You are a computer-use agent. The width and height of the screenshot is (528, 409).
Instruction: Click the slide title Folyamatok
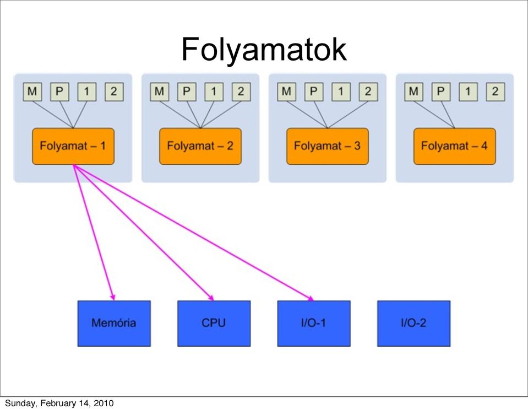264,49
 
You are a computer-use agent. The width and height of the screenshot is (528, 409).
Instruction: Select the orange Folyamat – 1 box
73,146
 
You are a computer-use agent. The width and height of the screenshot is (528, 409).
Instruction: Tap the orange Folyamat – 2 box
200,146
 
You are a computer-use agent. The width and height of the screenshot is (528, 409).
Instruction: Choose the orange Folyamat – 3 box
327,146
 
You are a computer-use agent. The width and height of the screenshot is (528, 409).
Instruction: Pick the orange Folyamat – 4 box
455,146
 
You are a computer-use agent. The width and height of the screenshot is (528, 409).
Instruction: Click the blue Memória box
114,324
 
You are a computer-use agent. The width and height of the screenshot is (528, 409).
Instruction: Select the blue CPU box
214,324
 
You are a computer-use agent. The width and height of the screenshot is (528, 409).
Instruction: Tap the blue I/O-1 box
314,324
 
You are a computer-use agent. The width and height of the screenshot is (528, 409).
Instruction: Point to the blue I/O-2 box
413,324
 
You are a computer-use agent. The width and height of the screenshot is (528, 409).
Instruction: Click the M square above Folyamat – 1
32,92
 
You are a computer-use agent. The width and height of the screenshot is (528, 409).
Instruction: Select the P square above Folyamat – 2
187,92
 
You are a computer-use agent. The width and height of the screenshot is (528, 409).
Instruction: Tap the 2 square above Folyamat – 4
496,92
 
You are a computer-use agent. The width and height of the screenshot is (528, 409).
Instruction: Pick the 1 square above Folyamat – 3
341,92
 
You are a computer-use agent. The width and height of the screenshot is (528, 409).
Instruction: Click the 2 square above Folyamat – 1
114,92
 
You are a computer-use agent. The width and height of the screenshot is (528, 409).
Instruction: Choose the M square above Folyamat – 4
414,92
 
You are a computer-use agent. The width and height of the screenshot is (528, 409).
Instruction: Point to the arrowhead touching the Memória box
113,297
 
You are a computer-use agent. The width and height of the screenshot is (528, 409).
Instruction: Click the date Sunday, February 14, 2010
59,403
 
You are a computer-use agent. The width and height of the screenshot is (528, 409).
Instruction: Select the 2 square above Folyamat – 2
241,92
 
